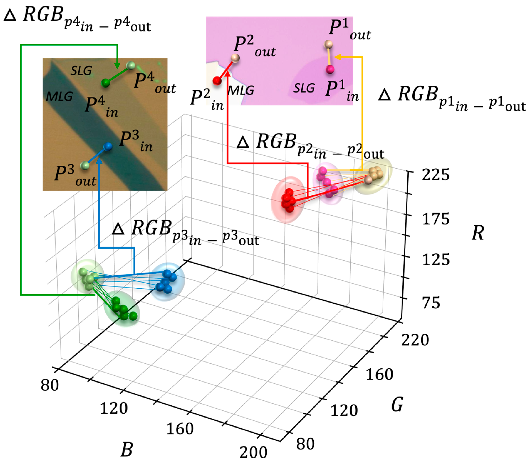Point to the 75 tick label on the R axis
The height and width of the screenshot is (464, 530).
431,303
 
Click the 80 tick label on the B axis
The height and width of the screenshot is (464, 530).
50,385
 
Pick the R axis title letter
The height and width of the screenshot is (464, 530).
478,233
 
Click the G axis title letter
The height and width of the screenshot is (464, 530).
397,404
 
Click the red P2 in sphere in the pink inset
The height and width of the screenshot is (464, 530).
217,81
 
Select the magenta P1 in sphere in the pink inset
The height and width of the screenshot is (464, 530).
330,69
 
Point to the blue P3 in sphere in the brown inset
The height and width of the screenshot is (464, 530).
108,146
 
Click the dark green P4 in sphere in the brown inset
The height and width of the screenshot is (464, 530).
105,83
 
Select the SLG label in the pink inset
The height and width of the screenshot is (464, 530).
304,88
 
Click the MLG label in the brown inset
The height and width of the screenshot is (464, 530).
59,97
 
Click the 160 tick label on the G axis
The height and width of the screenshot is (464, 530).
379,374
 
